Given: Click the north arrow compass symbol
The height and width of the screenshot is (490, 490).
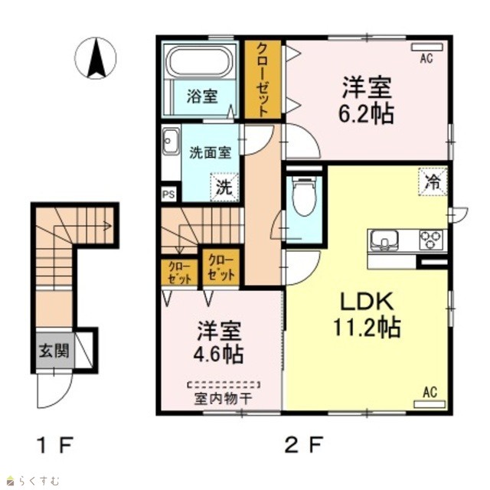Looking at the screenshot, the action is tap(95, 58).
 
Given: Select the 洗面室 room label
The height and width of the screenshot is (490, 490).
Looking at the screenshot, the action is tap(211, 153).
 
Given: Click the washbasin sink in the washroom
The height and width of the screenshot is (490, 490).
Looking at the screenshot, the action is tap(171, 141).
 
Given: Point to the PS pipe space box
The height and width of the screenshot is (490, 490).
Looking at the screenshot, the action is tap(168, 194).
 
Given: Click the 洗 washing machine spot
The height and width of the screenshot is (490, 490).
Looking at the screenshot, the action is tap(224, 187).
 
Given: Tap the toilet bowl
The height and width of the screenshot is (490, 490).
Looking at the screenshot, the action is tap(305, 196).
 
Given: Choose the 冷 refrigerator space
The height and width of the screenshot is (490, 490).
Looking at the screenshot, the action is tap(433, 182).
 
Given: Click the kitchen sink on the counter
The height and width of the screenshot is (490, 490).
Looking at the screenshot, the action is tap(384, 240).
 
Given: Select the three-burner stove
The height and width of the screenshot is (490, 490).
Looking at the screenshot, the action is tap(431, 240).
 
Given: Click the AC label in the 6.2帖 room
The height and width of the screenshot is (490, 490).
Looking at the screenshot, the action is tap(426, 58).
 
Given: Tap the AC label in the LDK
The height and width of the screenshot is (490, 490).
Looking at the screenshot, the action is tap(430, 393).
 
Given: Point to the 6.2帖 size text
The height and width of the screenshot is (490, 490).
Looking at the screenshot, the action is tap(366, 113).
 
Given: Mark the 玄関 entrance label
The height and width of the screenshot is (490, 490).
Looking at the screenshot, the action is tap(54, 351).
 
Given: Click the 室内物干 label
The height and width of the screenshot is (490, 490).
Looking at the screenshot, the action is tap(223, 398).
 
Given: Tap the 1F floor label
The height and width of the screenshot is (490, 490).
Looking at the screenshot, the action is tap(55, 445).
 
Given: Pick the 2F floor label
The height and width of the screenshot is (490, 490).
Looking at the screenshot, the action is tap(303, 445).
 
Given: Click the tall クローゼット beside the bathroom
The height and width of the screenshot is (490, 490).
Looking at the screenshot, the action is tap(263, 80).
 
